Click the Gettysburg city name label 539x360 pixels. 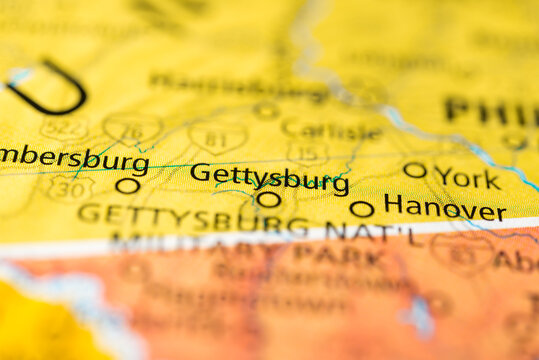tap(270, 176)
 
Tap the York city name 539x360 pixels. tap(467, 179)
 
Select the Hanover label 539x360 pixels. tap(444, 208)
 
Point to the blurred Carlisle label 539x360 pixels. tap(331, 130)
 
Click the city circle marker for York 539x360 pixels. tap(414, 170)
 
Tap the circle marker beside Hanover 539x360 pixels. tap(362, 209)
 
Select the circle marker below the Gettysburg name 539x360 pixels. tap(268, 199)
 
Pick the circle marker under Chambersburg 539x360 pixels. tap(127, 185)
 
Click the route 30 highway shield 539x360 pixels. tap(70, 187)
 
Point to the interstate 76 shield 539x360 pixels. tap(133, 127)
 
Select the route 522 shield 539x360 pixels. tap(63, 127)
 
